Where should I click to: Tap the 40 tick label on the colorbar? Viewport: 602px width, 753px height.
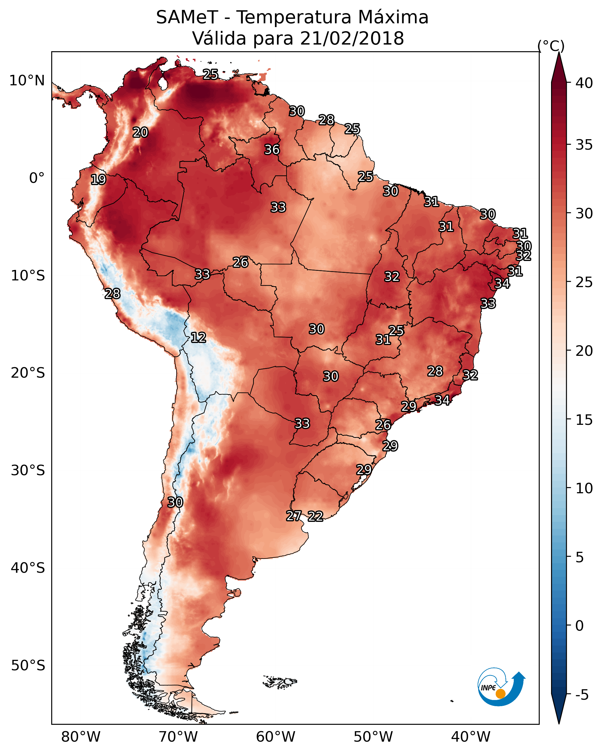[x=584, y=83]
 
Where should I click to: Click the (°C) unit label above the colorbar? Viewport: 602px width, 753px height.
[x=551, y=46]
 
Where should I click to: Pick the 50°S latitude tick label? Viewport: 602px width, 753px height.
[x=28, y=666]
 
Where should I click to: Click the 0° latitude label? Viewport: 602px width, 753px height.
[x=37, y=178]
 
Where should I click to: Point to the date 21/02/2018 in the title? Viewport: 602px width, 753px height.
[x=352, y=38]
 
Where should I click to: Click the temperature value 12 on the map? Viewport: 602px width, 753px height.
[x=198, y=337]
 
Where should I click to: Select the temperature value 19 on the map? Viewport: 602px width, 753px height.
[x=98, y=180]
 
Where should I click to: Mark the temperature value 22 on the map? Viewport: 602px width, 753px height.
[x=315, y=516]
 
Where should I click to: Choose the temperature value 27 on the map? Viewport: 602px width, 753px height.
[x=294, y=516]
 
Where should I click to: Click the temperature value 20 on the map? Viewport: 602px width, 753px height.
[x=140, y=132]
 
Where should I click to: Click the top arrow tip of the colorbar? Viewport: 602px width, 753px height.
[x=559, y=52]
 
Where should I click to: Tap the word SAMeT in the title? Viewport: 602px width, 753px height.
[x=187, y=17]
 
